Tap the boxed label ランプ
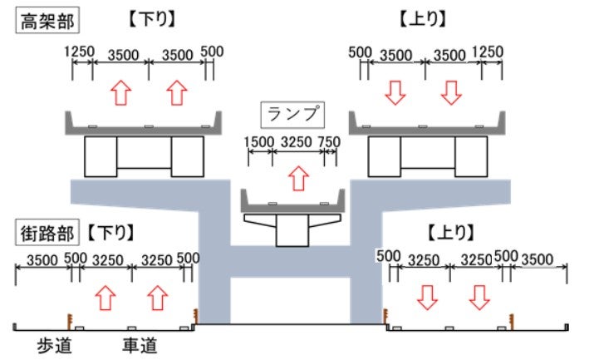pyautogui.click(x=292, y=112)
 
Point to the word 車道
pyautogui.click(x=139, y=343)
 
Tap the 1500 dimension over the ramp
pyautogui.click(x=258, y=141)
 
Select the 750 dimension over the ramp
pyautogui.click(x=329, y=141)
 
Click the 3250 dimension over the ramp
pyautogui.click(x=295, y=141)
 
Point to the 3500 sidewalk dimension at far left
pyautogui.click(x=42, y=259)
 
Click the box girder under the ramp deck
pyautogui.click(x=292, y=232)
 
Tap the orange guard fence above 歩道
pyautogui.click(x=68, y=318)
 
